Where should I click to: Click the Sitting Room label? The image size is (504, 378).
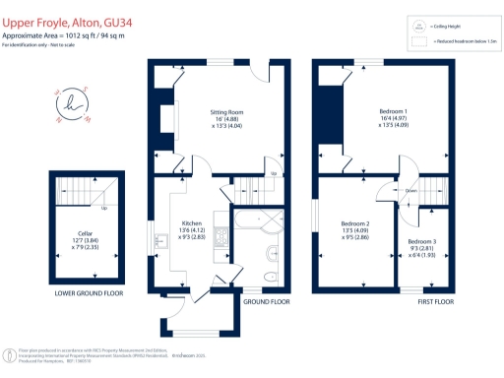229,119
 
